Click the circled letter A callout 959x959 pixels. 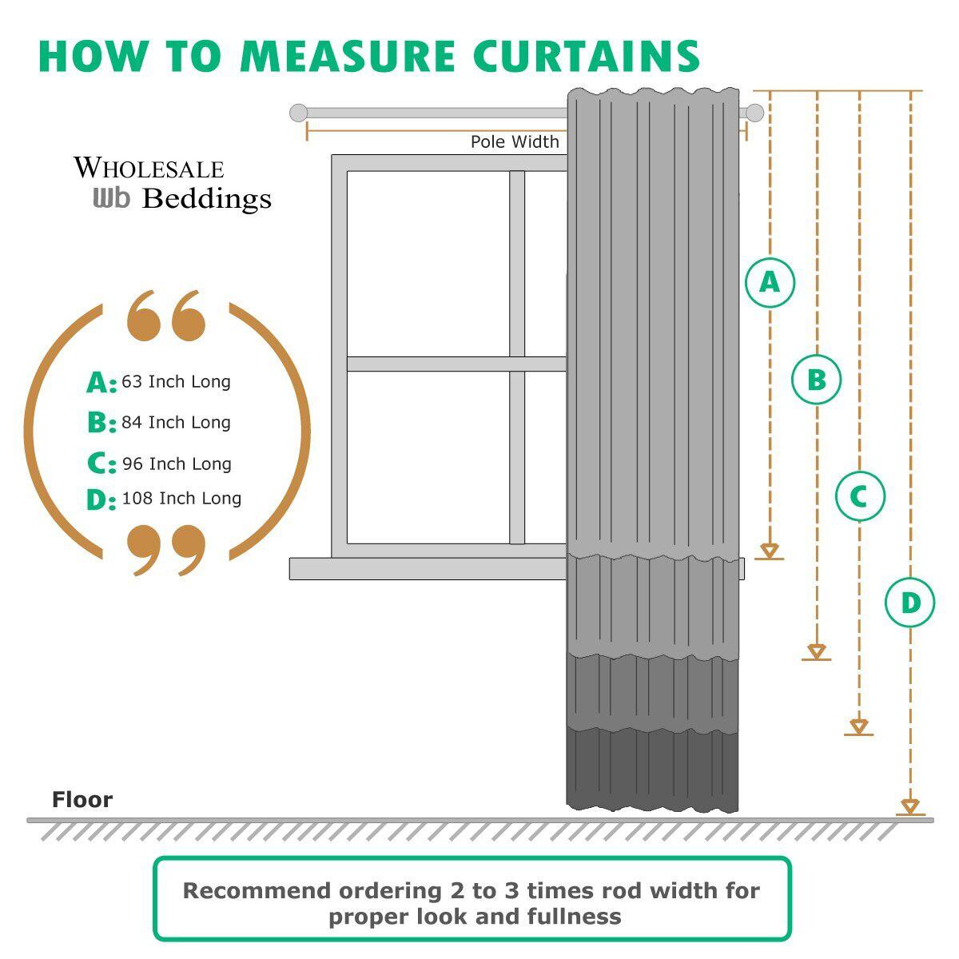tap(770, 282)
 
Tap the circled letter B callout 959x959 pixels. tap(816, 380)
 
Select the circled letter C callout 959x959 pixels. tap(860, 496)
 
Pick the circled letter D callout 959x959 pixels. tap(910, 603)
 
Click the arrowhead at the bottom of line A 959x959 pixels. tap(770, 551)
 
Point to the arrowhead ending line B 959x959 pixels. tap(816, 651)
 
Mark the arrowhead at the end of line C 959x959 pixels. tap(859, 726)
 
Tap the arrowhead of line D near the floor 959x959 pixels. tap(910, 806)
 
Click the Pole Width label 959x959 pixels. tap(515, 142)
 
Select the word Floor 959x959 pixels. tap(82, 800)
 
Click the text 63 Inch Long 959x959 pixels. tap(176, 382)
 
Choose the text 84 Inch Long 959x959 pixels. tap(176, 423)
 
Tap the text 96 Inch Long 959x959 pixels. tap(177, 464)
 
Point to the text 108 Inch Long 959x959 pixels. tap(181, 499)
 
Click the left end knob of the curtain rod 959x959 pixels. tap(298, 113)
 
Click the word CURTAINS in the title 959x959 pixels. tap(587, 56)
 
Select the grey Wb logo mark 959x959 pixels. tap(111, 197)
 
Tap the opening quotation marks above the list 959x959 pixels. tap(166, 316)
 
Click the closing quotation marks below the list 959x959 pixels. tap(166, 549)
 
